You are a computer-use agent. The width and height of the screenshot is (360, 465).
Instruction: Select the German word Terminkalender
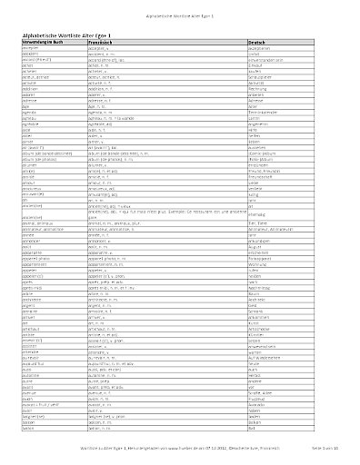pos(265,134)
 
